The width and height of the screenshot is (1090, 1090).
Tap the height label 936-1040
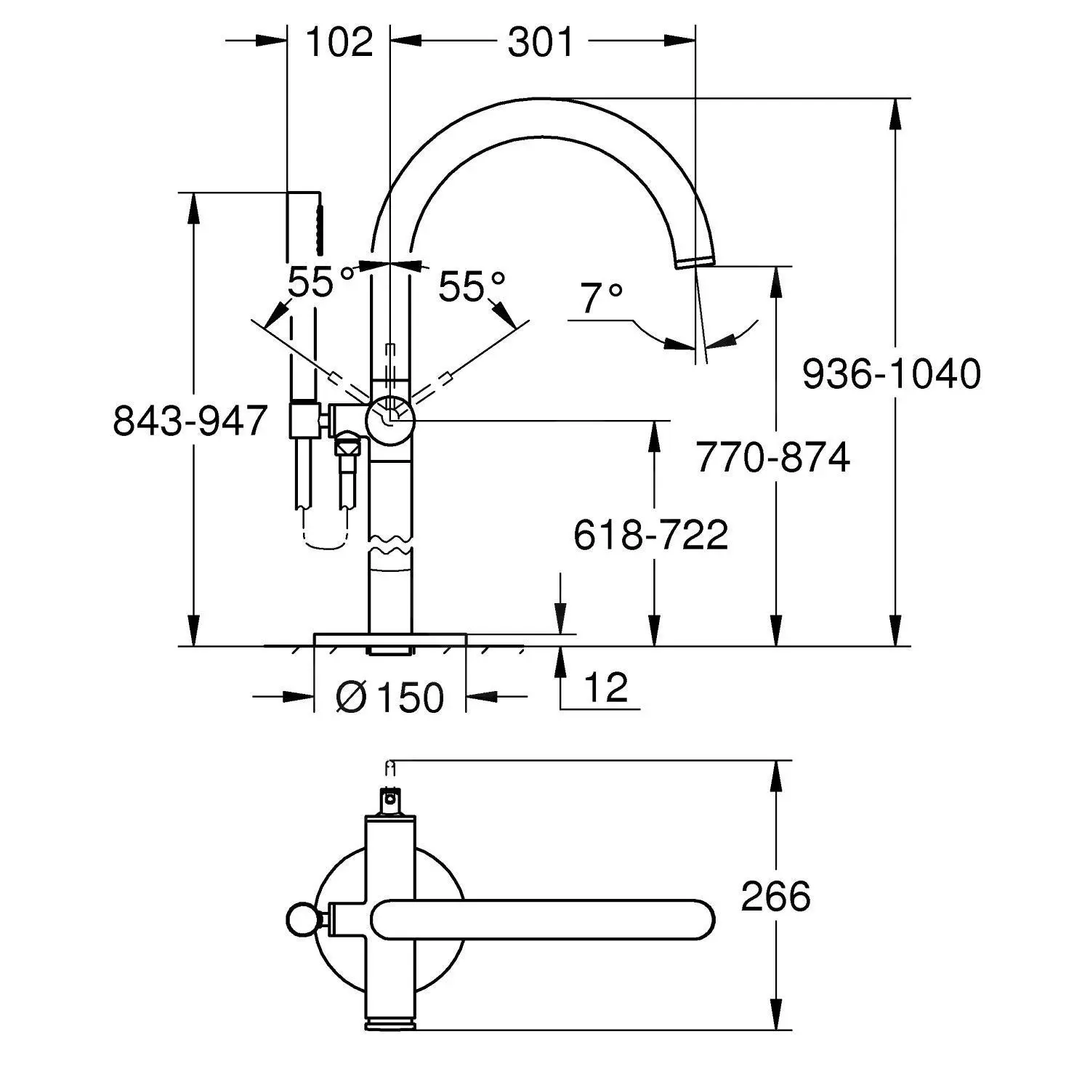[x=891, y=374]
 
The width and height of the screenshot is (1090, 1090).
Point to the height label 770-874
[x=772, y=457]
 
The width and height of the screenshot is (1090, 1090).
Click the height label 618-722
[x=650, y=535]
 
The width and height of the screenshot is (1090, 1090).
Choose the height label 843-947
[x=190, y=420]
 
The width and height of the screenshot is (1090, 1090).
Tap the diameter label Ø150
[x=389, y=698]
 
